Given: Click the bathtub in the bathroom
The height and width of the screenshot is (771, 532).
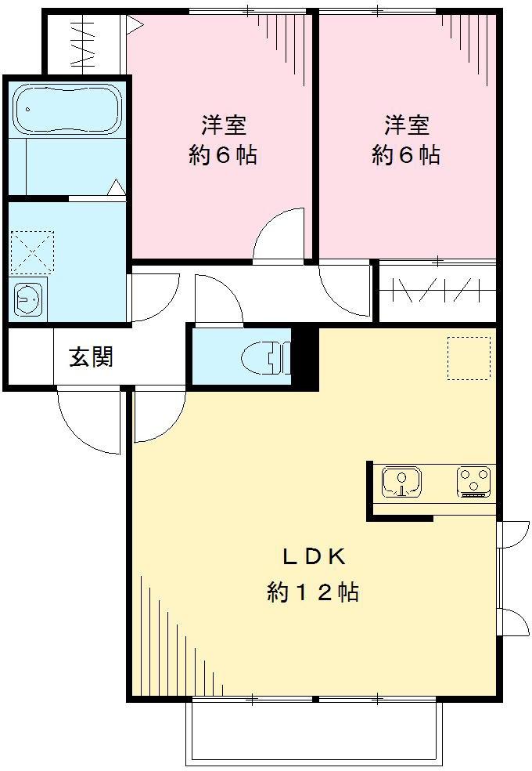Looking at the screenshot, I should (66, 109).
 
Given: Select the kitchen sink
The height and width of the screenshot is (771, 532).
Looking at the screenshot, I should (401, 481).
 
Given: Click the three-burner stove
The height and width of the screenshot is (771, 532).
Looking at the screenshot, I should (474, 481).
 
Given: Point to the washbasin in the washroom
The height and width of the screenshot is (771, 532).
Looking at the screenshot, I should (30, 299).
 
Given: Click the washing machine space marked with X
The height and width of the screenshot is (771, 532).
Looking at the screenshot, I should (32, 252).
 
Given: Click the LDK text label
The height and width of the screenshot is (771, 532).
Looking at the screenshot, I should (314, 557).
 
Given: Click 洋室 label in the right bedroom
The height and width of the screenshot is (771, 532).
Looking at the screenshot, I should (406, 124).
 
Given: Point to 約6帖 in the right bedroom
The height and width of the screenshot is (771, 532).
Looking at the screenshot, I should (406, 155).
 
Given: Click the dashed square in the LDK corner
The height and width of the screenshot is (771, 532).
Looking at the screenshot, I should (469, 358).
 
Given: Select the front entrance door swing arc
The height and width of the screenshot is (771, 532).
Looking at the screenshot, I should (88, 423).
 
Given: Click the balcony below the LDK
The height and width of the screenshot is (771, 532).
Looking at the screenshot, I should (314, 732).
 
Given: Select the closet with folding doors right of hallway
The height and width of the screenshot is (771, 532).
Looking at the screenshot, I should (437, 292).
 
